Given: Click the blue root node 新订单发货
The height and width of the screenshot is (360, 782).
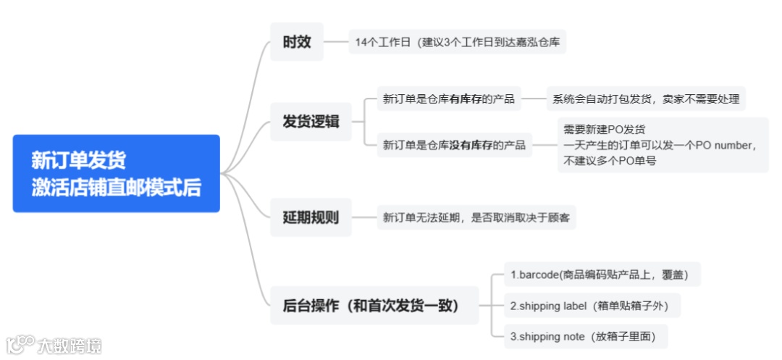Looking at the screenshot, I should point(116,173).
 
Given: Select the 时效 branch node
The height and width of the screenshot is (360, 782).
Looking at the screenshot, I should point(297,41).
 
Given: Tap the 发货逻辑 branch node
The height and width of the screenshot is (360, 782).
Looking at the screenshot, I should point(311,121).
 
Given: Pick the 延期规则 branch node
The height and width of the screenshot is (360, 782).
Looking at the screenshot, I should point(311,217).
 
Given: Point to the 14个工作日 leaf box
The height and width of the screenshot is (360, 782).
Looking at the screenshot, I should point(457,42).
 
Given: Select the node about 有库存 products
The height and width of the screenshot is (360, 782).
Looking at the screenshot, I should point(448,99).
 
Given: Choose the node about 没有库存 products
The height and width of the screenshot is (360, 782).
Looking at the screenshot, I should point(454,145).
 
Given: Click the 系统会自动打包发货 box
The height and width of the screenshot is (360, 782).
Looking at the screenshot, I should point(645,99).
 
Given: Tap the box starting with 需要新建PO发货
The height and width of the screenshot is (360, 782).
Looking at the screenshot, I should point(662,145).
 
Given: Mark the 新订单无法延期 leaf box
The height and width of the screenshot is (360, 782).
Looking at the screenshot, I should point(476,217).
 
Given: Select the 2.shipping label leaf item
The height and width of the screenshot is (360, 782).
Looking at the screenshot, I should point(589,306).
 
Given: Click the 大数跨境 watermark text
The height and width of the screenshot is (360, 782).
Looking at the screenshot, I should point(70,346).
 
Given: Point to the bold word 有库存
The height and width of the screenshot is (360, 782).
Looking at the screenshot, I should point(466,99).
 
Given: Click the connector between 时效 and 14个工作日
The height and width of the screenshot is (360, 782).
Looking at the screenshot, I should point(336,41).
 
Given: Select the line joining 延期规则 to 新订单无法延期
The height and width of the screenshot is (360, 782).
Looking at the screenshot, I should point(363,217).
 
